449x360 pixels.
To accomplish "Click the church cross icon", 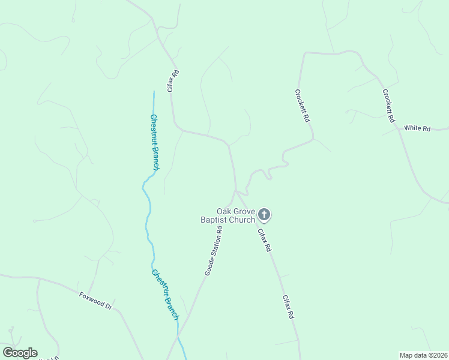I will pos(264,215).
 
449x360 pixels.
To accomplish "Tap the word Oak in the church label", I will pos(224,211).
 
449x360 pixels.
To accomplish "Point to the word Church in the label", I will pos(241,220).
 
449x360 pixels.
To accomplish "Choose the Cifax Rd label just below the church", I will pos(265,239).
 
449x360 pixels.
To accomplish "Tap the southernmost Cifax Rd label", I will pos(288,306).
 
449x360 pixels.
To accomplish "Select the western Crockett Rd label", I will pos(302,106).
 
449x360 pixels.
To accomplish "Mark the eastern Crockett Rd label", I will pos(389,106).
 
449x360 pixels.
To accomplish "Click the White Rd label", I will pos(417,128).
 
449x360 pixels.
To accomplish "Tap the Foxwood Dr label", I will pos(96,300).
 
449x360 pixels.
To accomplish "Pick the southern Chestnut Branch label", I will pos(165,294).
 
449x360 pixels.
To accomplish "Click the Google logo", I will pos(20,353).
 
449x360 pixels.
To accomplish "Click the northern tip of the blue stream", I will pos(154,92).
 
